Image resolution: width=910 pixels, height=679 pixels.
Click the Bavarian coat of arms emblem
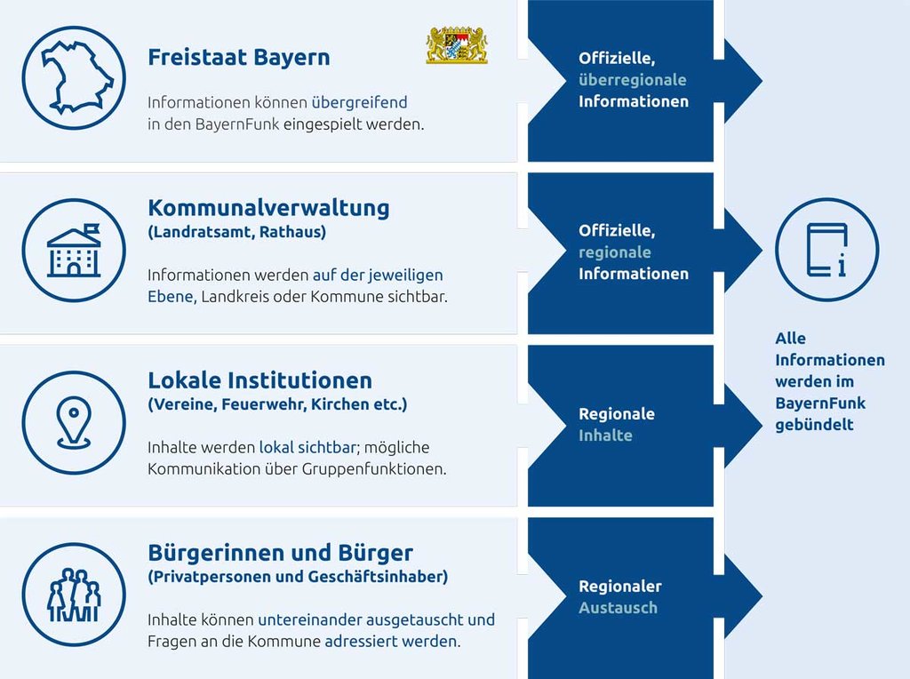(x=458, y=45)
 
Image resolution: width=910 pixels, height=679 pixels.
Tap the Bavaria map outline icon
(x=74, y=78)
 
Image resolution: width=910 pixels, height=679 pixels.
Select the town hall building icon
(x=74, y=250)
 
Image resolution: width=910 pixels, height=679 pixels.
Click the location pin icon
(x=74, y=422)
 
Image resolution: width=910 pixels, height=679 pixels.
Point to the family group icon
(x=74, y=595)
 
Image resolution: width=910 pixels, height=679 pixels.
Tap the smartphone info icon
(x=827, y=250)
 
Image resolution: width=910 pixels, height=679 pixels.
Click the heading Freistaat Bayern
(x=238, y=58)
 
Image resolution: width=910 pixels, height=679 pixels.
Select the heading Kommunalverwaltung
(x=268, y=207)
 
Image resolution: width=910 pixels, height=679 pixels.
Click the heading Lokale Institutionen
(x=260, y=380)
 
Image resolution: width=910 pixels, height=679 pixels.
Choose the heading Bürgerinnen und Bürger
(x=280, y=553)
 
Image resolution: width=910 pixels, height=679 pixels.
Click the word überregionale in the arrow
(x=632, y=80)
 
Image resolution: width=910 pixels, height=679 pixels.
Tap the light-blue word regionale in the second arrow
(x=615, y=252)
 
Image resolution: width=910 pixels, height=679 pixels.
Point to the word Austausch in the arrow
(x=619, y=608)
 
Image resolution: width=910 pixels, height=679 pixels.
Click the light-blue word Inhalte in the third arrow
(x=605, y=435)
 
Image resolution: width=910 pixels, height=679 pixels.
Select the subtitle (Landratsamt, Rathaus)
(x=236, y=232)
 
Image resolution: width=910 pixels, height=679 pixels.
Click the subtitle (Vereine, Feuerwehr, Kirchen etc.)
(x=277, y=404)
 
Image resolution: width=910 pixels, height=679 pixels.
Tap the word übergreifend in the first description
(x=359, y=103)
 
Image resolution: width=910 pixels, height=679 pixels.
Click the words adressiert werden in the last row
(x=392, y=642)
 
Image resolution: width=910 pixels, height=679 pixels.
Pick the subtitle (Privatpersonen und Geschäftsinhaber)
(x=298, y=577)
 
